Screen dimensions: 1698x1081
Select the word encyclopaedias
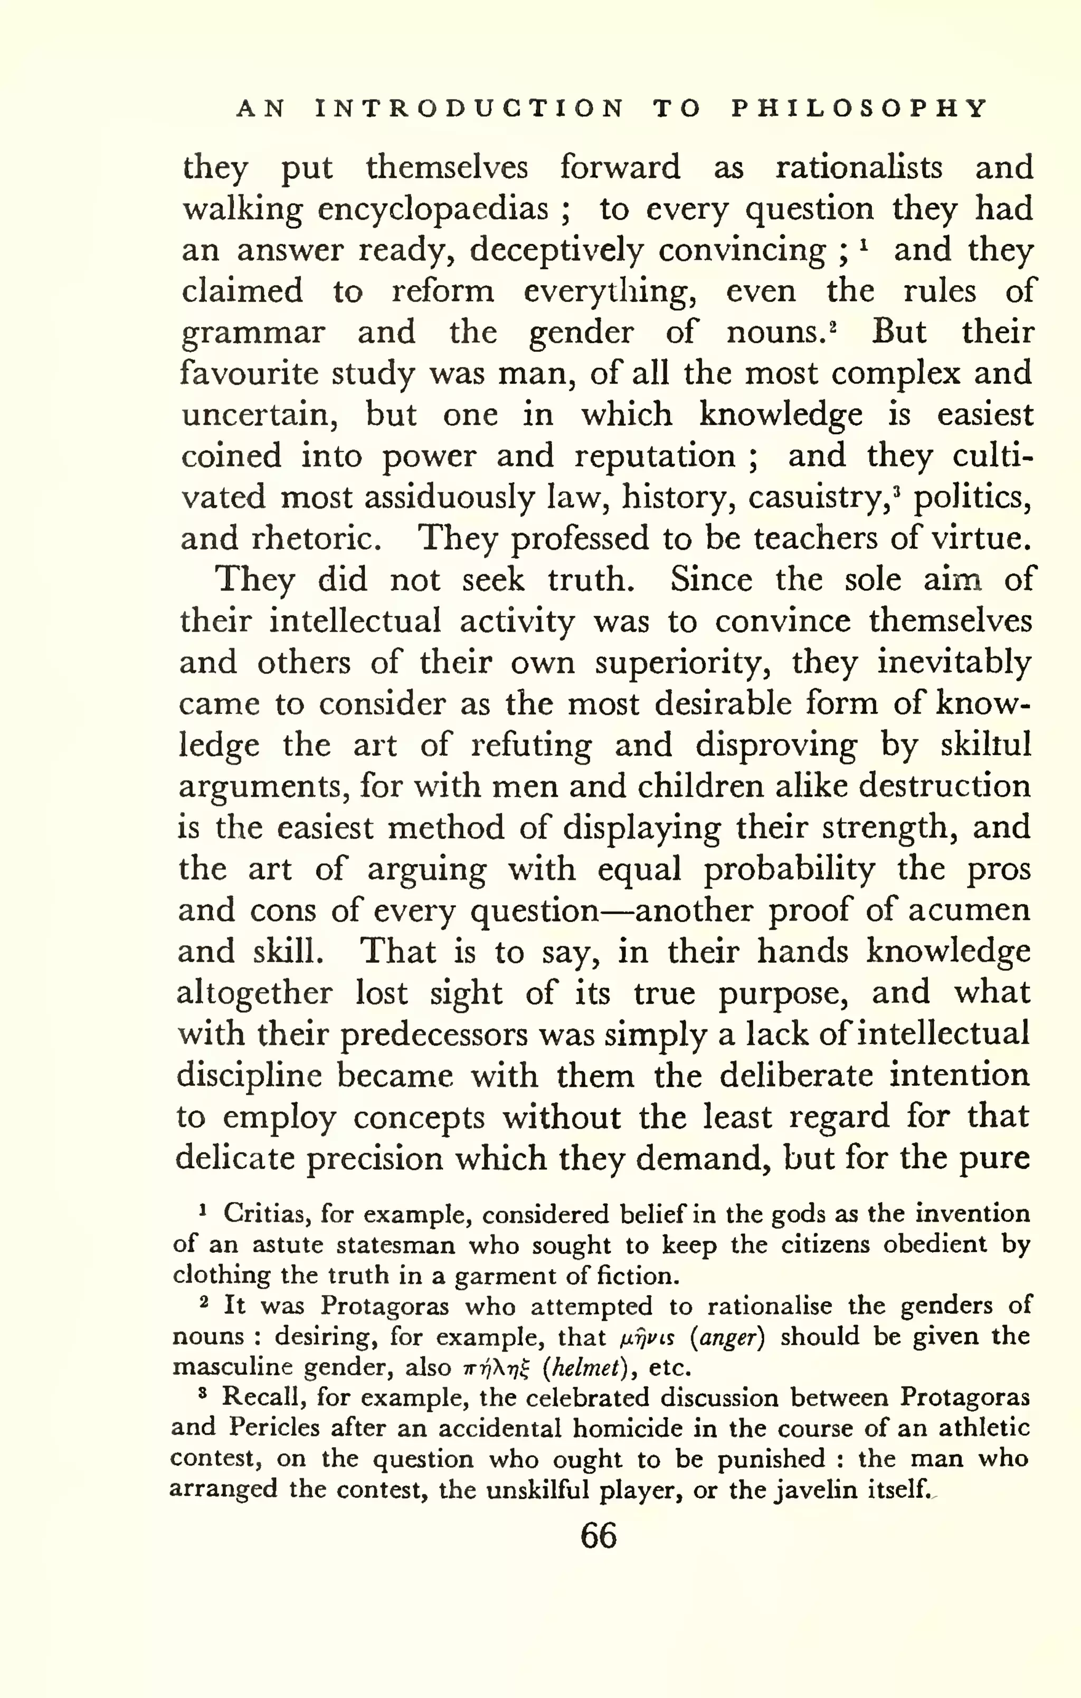coord(433,209)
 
